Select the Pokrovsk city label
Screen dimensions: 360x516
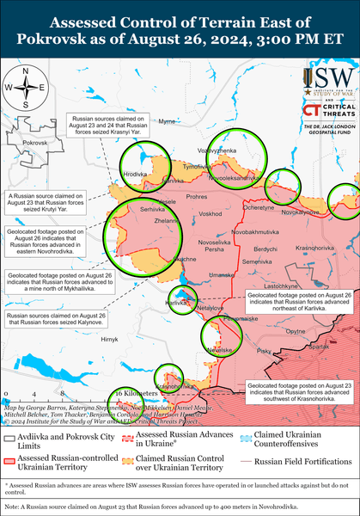(x=35, y=141)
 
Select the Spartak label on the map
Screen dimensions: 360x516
(x=319, y=347)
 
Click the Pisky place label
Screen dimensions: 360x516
(x=264, y=351)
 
